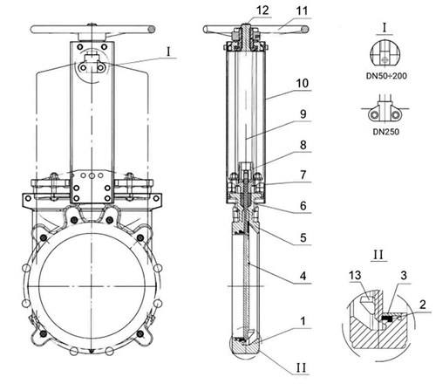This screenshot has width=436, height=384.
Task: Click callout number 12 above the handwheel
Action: coord(262,10)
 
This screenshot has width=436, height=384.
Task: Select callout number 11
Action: coord(302,11)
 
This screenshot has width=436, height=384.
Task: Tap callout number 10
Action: coord(302,84)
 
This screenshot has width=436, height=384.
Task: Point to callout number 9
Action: coord(303,114)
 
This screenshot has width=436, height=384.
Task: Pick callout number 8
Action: coord(303,145)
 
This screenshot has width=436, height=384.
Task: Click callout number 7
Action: coord(303,175)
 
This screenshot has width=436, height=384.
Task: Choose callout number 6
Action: coord(303,206)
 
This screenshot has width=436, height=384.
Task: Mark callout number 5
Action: coord(303,237)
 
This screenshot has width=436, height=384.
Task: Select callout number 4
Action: coord(303,276)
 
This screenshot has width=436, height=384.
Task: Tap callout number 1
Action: coord(303,321)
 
